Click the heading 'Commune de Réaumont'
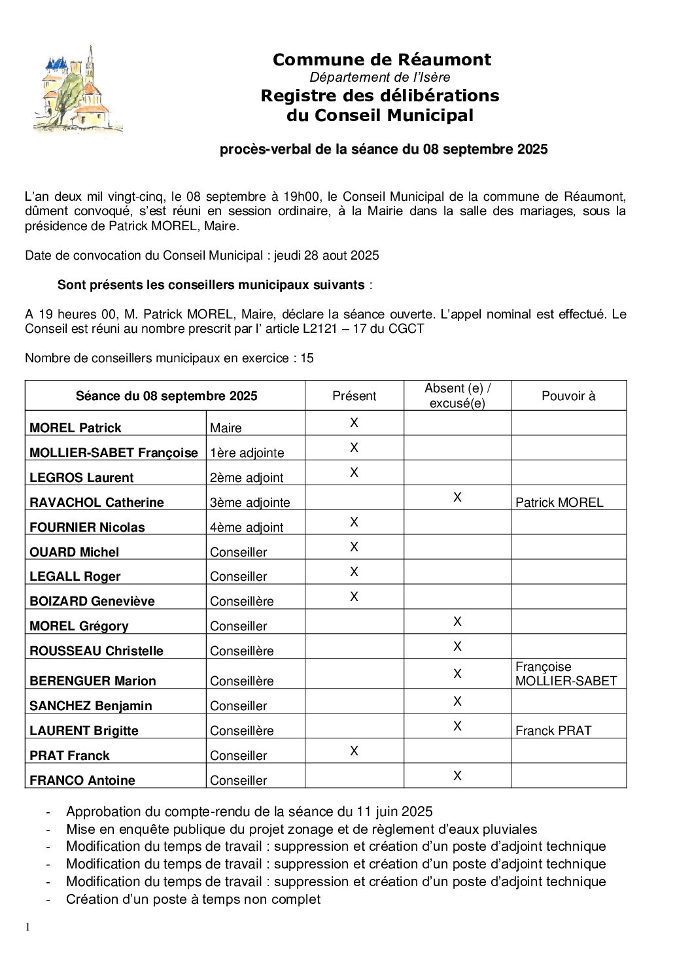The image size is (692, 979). tap(381, 60)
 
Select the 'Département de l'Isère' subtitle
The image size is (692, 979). tap(380, 77)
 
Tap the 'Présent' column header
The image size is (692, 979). tap(354, 396)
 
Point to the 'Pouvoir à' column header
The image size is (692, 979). tap(568, 396)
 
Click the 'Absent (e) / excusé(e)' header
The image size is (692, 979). tap(457, 396)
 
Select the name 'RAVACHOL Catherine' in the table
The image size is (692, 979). tap(97, 502)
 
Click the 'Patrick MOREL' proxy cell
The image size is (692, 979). tap(559, 502)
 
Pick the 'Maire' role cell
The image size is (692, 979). tap(226, 428)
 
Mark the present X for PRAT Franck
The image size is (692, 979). tap(354, 751)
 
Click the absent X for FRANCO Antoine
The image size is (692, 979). tap(457, 776)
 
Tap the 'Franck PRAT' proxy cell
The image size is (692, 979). tap(553, 730)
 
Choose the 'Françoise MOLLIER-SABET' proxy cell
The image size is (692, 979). tap(566, 674)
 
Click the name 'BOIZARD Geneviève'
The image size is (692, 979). tap(92, 601)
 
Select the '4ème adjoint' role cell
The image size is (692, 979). tap(247, 527)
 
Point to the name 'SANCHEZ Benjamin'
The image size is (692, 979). tap(91, 706)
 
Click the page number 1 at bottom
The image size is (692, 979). tap(27, 927)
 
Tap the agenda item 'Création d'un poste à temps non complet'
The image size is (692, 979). tap(193, 899)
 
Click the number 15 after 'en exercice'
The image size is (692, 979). tap(307, 358)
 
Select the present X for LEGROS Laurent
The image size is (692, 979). tap(354, 472)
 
